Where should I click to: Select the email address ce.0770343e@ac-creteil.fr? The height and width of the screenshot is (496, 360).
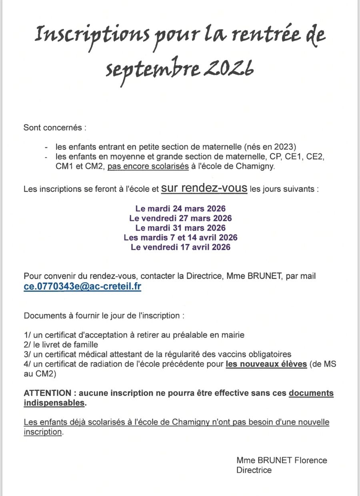pyautogui.click(x=82, y=287)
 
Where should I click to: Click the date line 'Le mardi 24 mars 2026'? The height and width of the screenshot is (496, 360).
pyautogui.click(x=180, y=209)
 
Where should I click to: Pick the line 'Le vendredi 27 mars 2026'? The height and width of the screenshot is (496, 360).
pyautogui.click(x=180, y=218)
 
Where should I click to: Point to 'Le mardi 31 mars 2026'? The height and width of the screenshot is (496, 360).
pyautogui.click(x=180, y=228)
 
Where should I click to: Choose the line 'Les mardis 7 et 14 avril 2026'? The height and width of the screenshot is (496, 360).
pyautogui.click(x=180, y=237)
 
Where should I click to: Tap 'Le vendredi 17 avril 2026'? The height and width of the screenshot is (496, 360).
pyautogui.click(x=180, y=247)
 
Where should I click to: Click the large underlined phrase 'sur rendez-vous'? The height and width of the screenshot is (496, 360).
pyautogui.click(x=204, y=188)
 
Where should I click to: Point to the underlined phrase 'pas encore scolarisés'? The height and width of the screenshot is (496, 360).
pyautogui.click(x=148, y=167)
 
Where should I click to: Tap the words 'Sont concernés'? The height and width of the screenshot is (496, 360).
pyautogui.click(x=54, y=128)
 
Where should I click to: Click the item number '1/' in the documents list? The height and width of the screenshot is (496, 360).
pyautogui.click(x=28, y=335)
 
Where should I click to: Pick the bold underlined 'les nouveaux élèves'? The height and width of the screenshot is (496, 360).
pyautogui.click(x=266, y=364)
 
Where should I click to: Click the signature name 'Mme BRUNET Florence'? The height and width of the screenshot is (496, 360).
pyautogui.click(x=282, y=460)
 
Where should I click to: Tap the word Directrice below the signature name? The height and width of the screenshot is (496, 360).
pyautogui.click(x=254, y=470)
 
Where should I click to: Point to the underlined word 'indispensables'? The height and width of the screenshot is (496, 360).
pyautogui.click(x=54, y=403)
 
